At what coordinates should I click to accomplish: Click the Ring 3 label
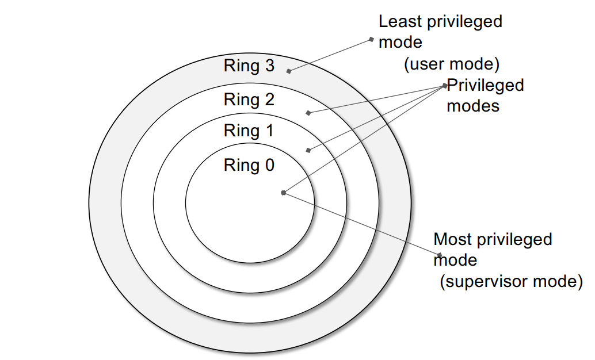click(249, 66)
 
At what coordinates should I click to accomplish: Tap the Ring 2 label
click(249, 100)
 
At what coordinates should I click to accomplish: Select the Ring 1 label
click(249, 131)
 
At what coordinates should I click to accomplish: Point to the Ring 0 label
click(249, 166)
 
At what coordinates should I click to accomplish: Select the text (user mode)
click(451, 63)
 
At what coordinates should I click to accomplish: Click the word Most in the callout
click(452, 239)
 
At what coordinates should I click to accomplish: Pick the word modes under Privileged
click(473, 106)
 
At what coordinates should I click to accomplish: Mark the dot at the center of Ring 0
click(283, 193)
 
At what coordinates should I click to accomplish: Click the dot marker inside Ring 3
click(289, 71)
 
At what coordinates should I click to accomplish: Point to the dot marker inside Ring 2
click(308, 113)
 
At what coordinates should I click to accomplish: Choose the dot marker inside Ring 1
click(308, 151)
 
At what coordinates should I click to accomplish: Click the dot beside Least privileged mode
click(372, 40)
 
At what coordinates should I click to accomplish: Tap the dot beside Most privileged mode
click(439, 255)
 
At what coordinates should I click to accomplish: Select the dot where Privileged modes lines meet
click(445, 86)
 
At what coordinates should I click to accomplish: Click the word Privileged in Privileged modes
click(486, 85)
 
